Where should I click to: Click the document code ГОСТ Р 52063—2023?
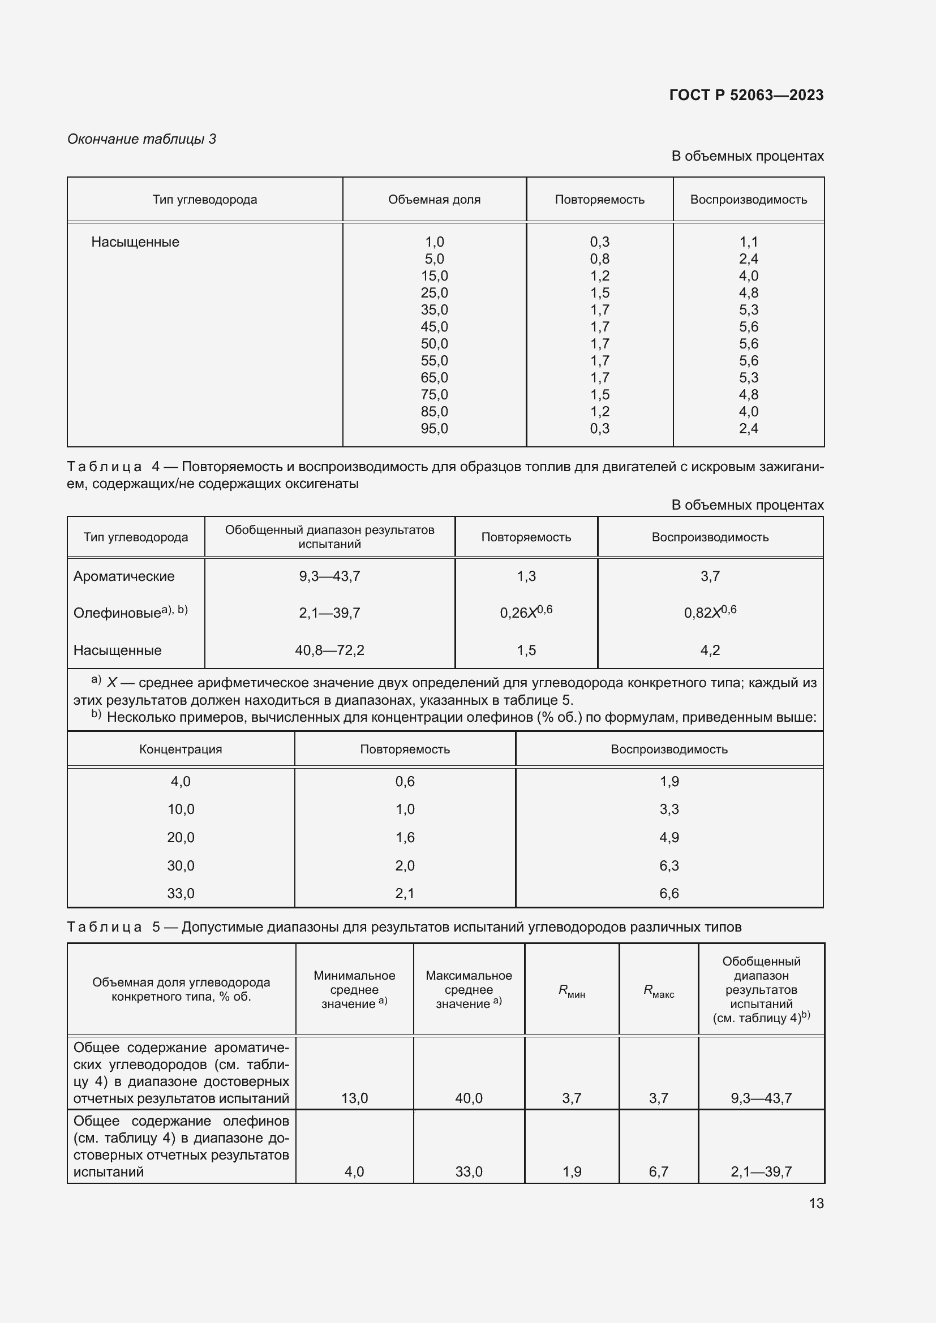[x=746, y=95]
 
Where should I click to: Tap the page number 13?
[x=816, y=1203]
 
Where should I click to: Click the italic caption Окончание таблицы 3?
[x=142, y=139]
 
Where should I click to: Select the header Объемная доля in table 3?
[x=434, y=199]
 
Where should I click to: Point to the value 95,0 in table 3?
[x=434, y=428]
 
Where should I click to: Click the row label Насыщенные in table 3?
[x=135, y=242]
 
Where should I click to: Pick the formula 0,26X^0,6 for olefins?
[x=526, y=612]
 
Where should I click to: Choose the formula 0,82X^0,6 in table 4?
[x=710, y=612]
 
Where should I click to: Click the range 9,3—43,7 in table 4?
[x=329, y=576]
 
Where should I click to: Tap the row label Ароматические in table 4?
[x=124, y=576]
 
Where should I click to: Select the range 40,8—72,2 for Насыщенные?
[x=329, y=650]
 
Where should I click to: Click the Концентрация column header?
[x=181, y=749]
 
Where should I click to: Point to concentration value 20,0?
[x=181, y=837]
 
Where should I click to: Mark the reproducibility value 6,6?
[x=669, y=893]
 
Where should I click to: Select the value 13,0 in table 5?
[x=354, y=1098]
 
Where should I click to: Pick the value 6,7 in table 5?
[x=658, y=1171]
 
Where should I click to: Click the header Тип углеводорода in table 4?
[x=135, y=537]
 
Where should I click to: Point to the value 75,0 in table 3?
[x=434, y=395]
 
